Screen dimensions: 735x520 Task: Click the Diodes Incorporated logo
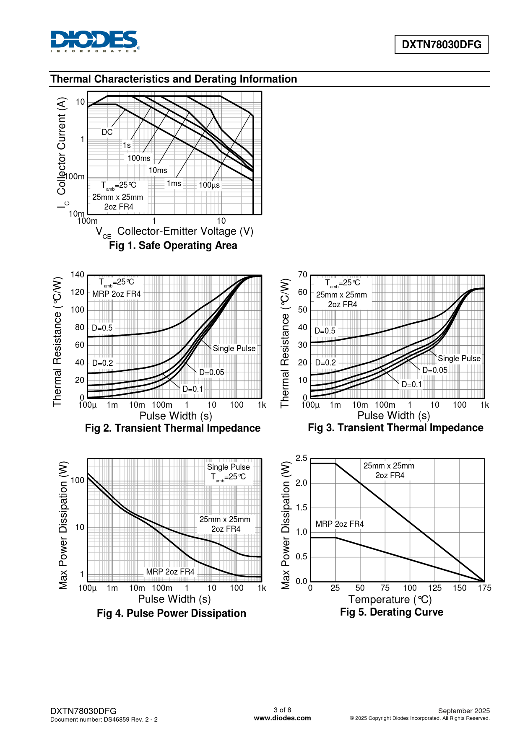[95, 41]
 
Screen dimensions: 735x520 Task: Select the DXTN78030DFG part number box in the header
[441, 44]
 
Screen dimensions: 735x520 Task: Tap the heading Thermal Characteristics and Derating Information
[174, 79]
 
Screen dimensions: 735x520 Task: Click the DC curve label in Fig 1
[107, 132]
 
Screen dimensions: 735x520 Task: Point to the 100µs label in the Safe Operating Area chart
[209, 185]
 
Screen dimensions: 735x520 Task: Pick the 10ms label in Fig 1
[158, 170]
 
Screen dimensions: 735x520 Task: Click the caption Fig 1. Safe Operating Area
[173, 245]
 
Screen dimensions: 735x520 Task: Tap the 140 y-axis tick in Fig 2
[77, 274]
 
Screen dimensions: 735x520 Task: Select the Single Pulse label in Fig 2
[234, 348]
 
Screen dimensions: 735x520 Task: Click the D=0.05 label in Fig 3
[434, 370]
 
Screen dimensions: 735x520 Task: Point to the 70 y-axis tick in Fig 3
[302, 274]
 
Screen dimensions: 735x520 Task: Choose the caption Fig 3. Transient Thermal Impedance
[395, 427]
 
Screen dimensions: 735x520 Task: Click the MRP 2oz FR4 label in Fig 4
[170, 572]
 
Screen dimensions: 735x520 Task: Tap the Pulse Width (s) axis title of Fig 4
[174, 599]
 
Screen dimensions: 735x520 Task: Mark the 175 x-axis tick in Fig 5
[484, 588]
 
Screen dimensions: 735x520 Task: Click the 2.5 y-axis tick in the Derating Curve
[301, 458]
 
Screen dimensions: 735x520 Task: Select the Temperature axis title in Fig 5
[390, 599]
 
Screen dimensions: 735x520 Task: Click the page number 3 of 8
[282, 710]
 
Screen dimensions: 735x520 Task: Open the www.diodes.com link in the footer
[282, 718]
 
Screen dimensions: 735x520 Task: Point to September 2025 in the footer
[463, 711]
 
